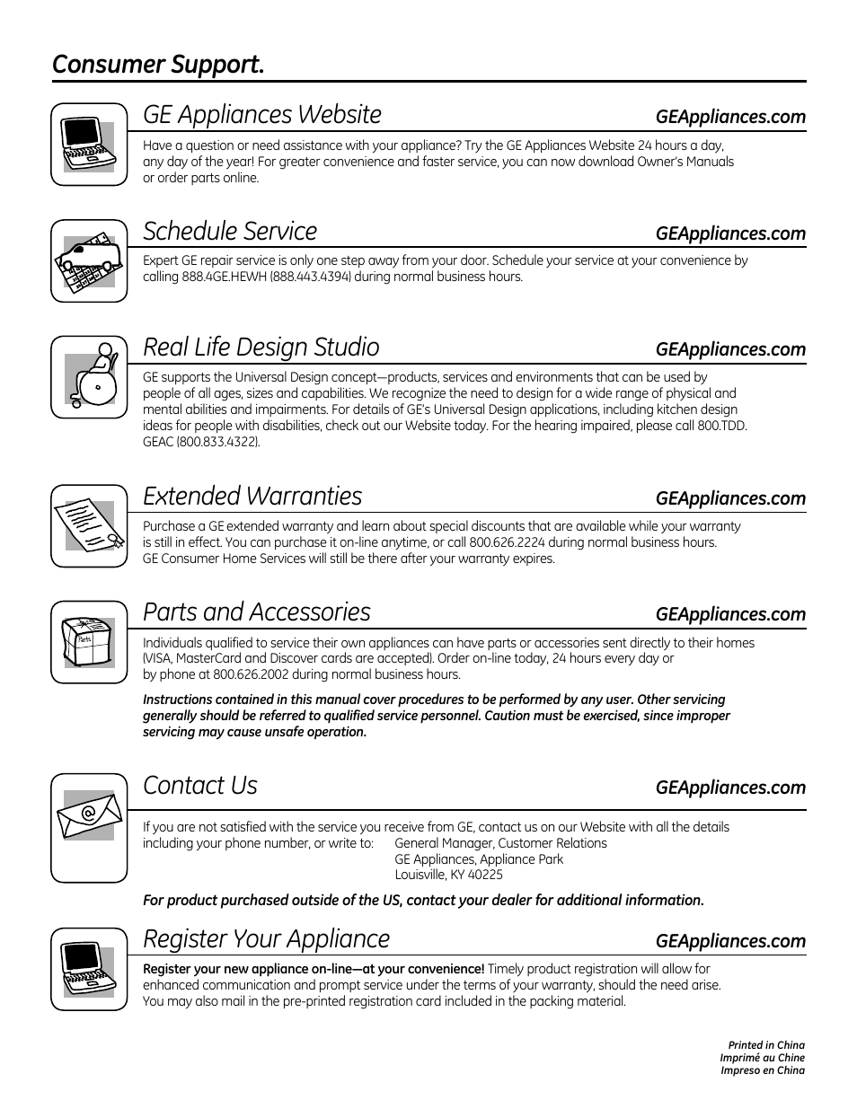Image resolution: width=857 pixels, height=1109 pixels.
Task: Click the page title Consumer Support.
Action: tap(158, 66)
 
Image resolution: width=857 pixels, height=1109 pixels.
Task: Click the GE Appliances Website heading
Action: tap(262, 115)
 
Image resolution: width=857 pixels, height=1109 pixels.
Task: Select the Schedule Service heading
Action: tap(230, 232)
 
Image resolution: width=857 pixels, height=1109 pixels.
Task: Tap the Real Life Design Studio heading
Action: tap(261, 348)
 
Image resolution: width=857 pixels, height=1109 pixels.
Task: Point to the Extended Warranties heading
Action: tap(252, 497)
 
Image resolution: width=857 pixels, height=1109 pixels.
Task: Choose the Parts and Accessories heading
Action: tap(257, 612)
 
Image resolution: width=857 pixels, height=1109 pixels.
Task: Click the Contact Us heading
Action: tap(200, 786)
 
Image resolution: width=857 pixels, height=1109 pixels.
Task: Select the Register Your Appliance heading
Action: tap(267, 939)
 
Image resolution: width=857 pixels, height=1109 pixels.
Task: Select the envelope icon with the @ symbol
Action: tap(88, 816)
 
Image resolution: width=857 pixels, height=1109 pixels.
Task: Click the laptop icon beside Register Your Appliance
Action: tap(88, 970)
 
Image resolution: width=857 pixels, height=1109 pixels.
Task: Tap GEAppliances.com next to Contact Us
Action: tap(730, 788)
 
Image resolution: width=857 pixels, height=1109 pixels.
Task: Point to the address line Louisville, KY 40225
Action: tap(448, 875)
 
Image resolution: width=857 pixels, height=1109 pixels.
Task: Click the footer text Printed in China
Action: tap(766, 1045)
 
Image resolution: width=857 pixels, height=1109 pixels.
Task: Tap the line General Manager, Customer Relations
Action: tap(500, 843)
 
